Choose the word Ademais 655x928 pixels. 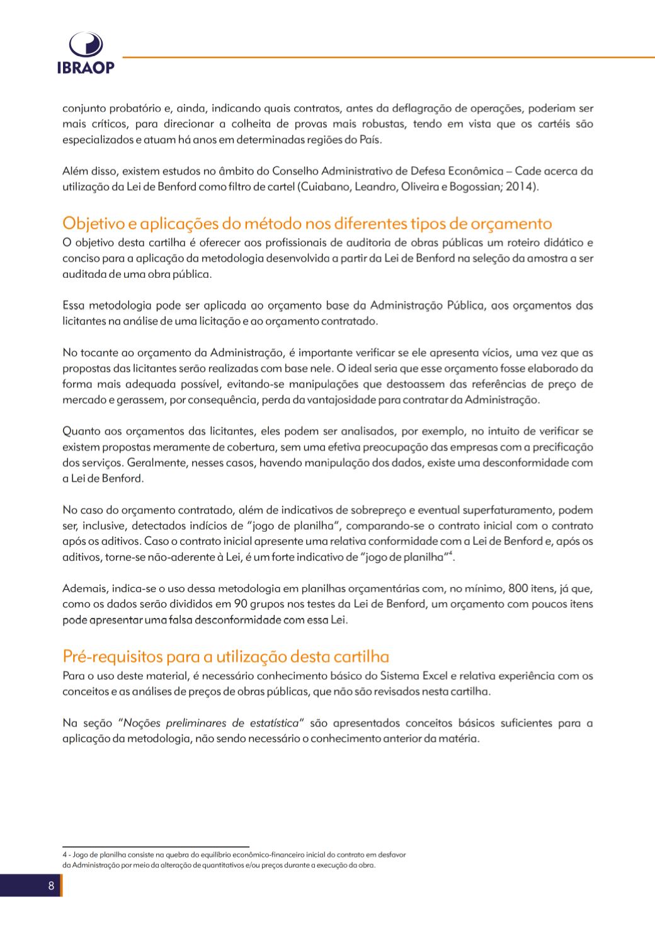[85, 588]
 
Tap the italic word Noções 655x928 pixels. [143, 723]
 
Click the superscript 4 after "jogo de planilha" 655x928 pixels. [452, 553]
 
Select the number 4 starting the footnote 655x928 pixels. [64, 855]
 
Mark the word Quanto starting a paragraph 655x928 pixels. [82, 432]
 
